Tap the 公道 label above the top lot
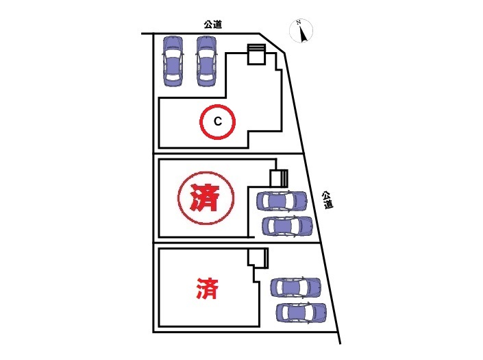[212, 24]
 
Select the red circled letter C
[217, 123]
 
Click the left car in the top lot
[173, 60]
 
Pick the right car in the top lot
[207, 60]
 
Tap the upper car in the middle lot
[282, 202]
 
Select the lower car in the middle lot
[288, 226]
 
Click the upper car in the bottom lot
[296, 287]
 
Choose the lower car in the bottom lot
[301, 313]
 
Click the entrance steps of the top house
[256, 54]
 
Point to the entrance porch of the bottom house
[258, 259]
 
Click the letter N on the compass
[299, 23]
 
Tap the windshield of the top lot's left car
[173, 53]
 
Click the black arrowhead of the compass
[301, 35]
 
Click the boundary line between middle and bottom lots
[236, 243]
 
